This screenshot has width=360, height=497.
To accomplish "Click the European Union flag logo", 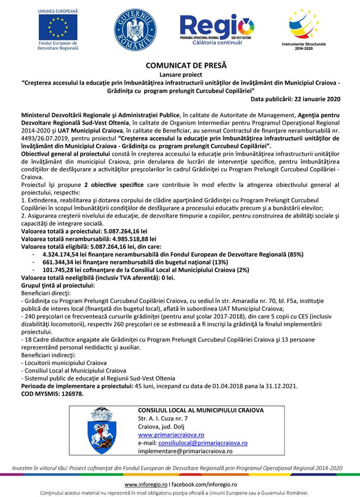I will tap(58, 24).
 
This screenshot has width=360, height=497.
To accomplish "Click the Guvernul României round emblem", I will tap(134, 29).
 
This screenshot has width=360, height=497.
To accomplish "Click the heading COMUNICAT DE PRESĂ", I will tap(179, 66).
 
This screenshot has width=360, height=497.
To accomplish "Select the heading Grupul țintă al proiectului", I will tap(57, 285).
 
